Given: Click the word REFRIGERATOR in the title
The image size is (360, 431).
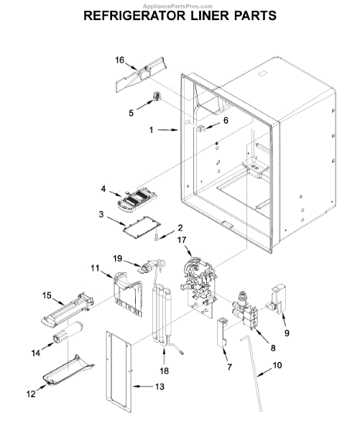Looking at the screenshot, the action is click(x=134, y=16).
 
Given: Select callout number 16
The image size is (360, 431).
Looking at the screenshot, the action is click(x=119, y=60).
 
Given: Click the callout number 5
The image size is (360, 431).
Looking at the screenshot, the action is click(x=131, y=113).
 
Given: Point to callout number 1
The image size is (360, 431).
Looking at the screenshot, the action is click(x=152, y=130).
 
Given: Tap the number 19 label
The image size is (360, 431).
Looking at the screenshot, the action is click(x=118, y=259).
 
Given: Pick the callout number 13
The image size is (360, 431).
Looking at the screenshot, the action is click(x=160, y=386).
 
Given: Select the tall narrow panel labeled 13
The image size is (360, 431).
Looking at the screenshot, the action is click(x=119, y=372).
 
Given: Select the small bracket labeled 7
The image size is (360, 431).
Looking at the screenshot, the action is click(x=223, y=332).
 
